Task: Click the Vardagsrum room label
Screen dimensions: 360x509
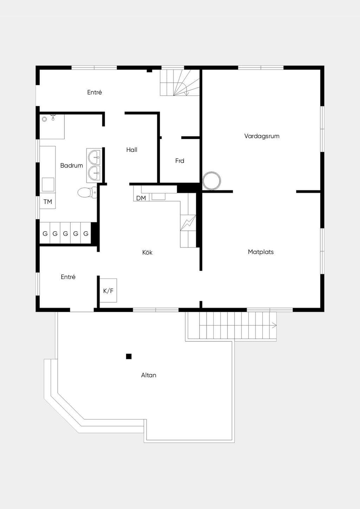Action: click(262, 136)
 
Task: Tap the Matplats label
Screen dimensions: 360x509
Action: click(261, 252)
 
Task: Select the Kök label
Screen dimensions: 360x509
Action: click(147, 252)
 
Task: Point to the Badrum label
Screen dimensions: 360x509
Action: click(71, 166)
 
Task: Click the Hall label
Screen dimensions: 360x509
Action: click(132, 150)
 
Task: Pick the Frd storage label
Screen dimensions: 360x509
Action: click(180, 161)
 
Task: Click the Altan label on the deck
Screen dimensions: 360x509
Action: click(149, 375)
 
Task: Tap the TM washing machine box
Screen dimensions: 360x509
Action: click(47, 201)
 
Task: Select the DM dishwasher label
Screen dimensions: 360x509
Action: click(141, 198)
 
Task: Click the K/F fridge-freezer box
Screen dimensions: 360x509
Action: click(108, 290)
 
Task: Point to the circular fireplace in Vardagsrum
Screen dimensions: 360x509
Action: click(212, 181)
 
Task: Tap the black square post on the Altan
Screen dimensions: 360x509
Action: click(129, 356)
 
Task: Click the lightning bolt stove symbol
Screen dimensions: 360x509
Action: click(188, 223)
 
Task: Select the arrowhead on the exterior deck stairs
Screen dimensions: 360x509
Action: click(274, 326)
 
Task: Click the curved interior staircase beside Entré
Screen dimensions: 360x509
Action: click(180, 83)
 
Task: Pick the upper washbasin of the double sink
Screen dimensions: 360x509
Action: click(94, 157)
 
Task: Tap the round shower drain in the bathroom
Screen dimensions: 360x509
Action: click(44, 118)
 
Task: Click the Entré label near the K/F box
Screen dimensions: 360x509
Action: click(68, 277)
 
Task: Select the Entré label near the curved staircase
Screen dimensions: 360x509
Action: click(95, 92)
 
